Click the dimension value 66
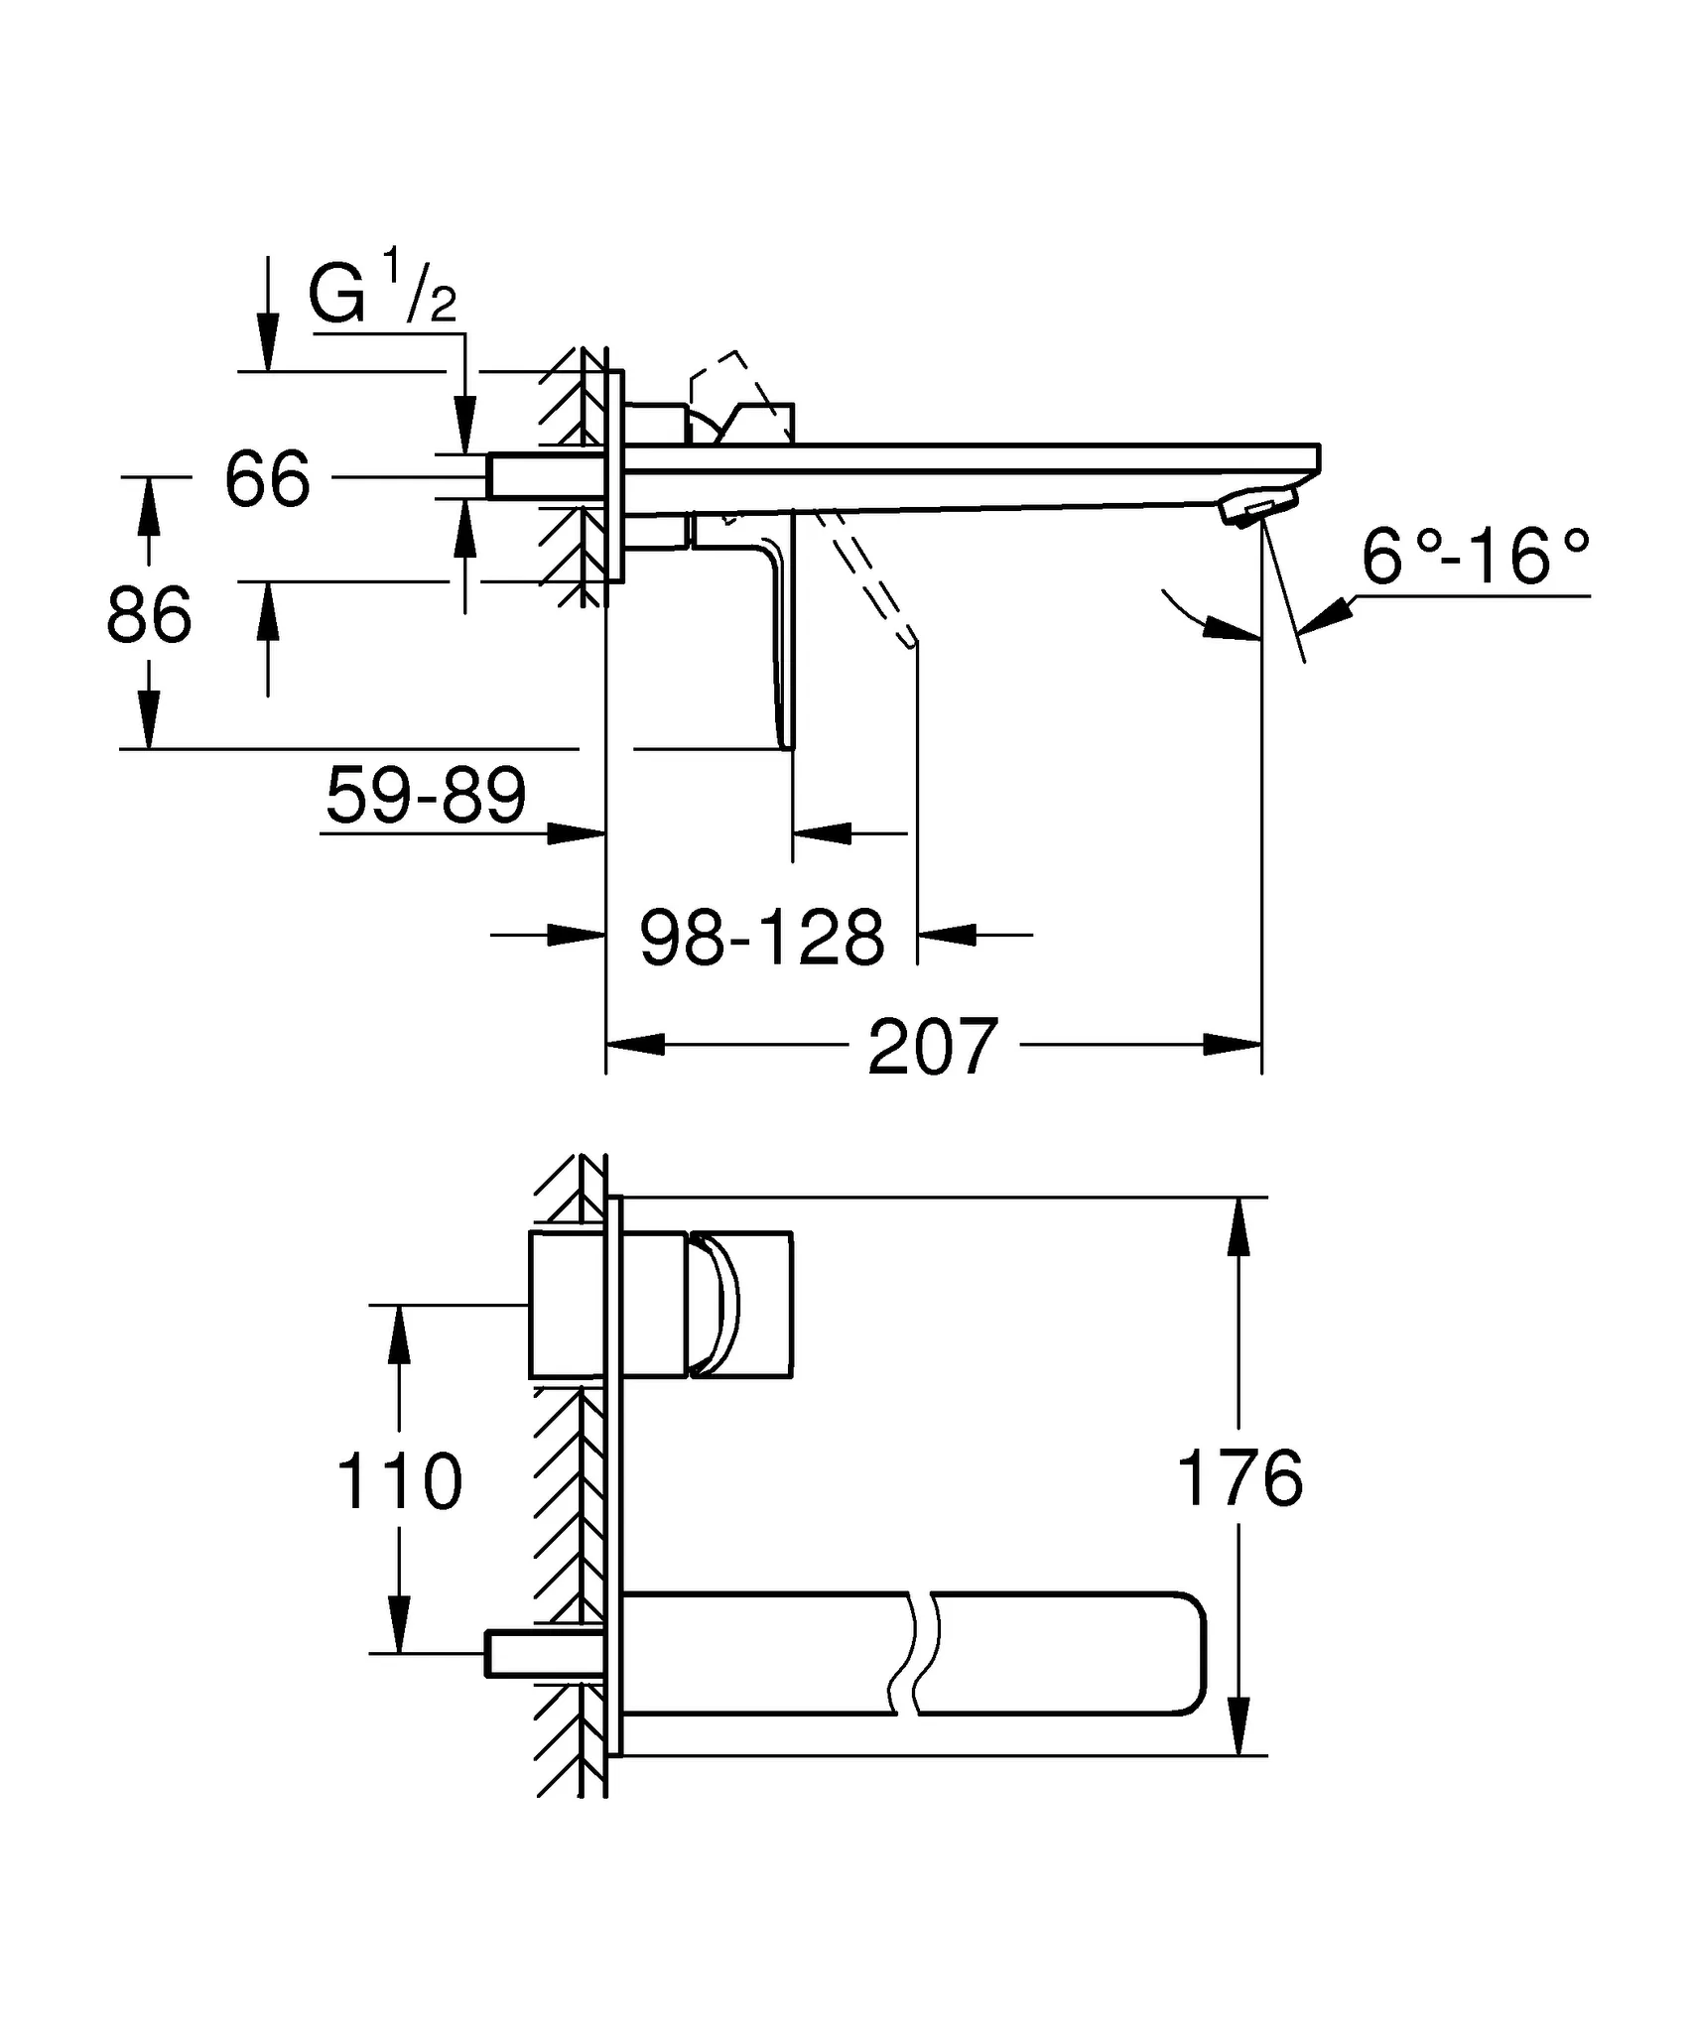(x=267, y=479)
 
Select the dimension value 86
(x=149, y=615)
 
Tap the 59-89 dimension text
(x=426, y=796)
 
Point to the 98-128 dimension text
(x=761, y=938)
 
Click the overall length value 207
(x=932, y=1047)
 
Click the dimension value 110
(x=399, y=1481)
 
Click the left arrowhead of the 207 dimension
(x=635, y=1045)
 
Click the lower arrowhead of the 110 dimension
(x=399, y=1622)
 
